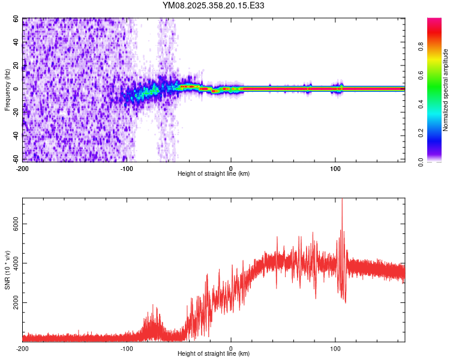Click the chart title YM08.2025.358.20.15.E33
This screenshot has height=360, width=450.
(x=214, y=6)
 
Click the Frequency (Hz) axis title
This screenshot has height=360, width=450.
(x=7, y=89)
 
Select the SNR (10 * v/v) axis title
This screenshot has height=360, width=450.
(x=7, y=270)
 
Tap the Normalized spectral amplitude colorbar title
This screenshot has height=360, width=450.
(x=445, y=90)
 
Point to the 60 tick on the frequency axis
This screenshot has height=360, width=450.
(x=16, y=19)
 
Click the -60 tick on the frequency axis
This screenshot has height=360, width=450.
(x=15, y=159)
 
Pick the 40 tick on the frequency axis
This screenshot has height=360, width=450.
(x=16, y=43)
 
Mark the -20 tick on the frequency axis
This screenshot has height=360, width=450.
(x=15, y=112)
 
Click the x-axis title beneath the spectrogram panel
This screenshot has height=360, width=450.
(x=214, y=174)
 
